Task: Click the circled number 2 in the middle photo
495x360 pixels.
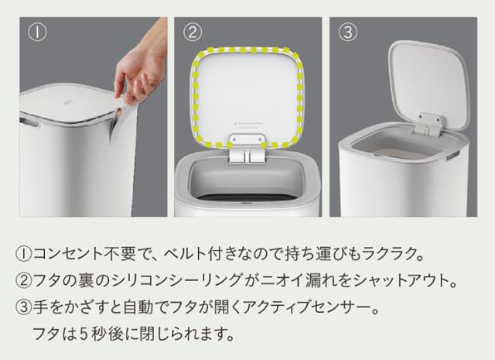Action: pyautogui.click(x=193, y=33)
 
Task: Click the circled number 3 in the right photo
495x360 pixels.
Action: pyautogui.click(x=348, y=33)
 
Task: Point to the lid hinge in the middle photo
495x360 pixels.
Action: pyautogui.click(x=248, y=149)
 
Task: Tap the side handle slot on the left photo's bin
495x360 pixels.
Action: pyautogui.click(x=31, y=122)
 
